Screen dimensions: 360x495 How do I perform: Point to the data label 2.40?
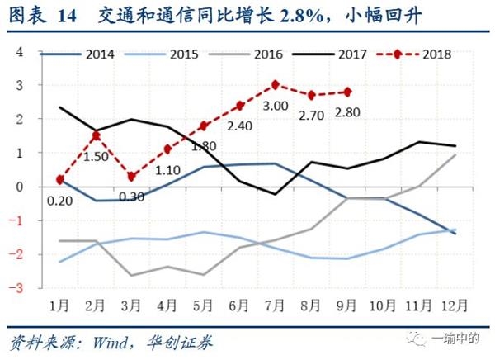click(x=239, y=128)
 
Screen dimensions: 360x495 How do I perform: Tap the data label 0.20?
click(x=59, y=201)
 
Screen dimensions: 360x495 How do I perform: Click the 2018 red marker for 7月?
click(x=275, y=85)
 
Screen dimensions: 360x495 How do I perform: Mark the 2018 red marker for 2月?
click(x=97, y=135)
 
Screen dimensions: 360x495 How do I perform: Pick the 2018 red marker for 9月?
click(x=348, y=92)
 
